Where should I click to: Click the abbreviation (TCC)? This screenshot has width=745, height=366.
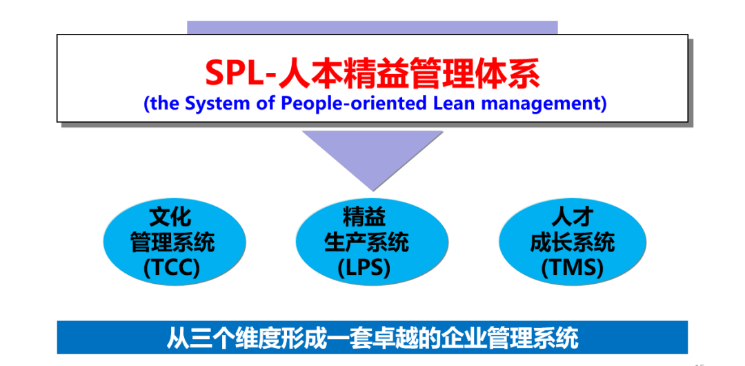tap(172, 269)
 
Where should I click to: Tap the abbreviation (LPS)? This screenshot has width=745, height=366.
tap(364, 269)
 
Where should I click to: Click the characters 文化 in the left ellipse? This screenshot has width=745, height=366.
tap(170, 217)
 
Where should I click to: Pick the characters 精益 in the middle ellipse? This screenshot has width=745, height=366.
tap(364, 217)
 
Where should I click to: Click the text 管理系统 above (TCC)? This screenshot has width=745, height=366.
tap(172, 242)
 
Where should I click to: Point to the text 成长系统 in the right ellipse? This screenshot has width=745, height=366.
tap(573, 242)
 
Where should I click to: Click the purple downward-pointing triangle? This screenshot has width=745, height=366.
tap(373, 157)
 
